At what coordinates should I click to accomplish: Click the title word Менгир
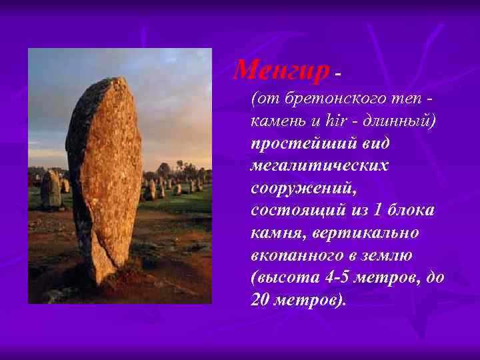[282, 68]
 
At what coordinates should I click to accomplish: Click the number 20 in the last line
[261, 299]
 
